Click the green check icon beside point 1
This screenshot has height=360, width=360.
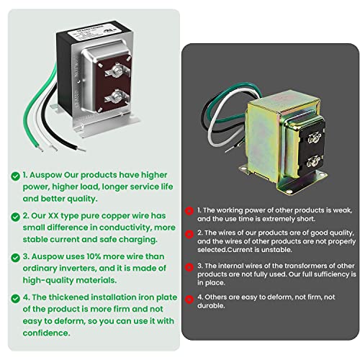(15, 175)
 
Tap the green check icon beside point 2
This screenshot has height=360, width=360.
(15, 215)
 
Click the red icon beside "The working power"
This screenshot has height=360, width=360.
(190, 212)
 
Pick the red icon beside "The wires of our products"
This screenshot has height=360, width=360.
(190, 234)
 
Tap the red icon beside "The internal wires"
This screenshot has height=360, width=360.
(190, 266)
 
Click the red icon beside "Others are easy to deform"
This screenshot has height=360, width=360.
(190, 297)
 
